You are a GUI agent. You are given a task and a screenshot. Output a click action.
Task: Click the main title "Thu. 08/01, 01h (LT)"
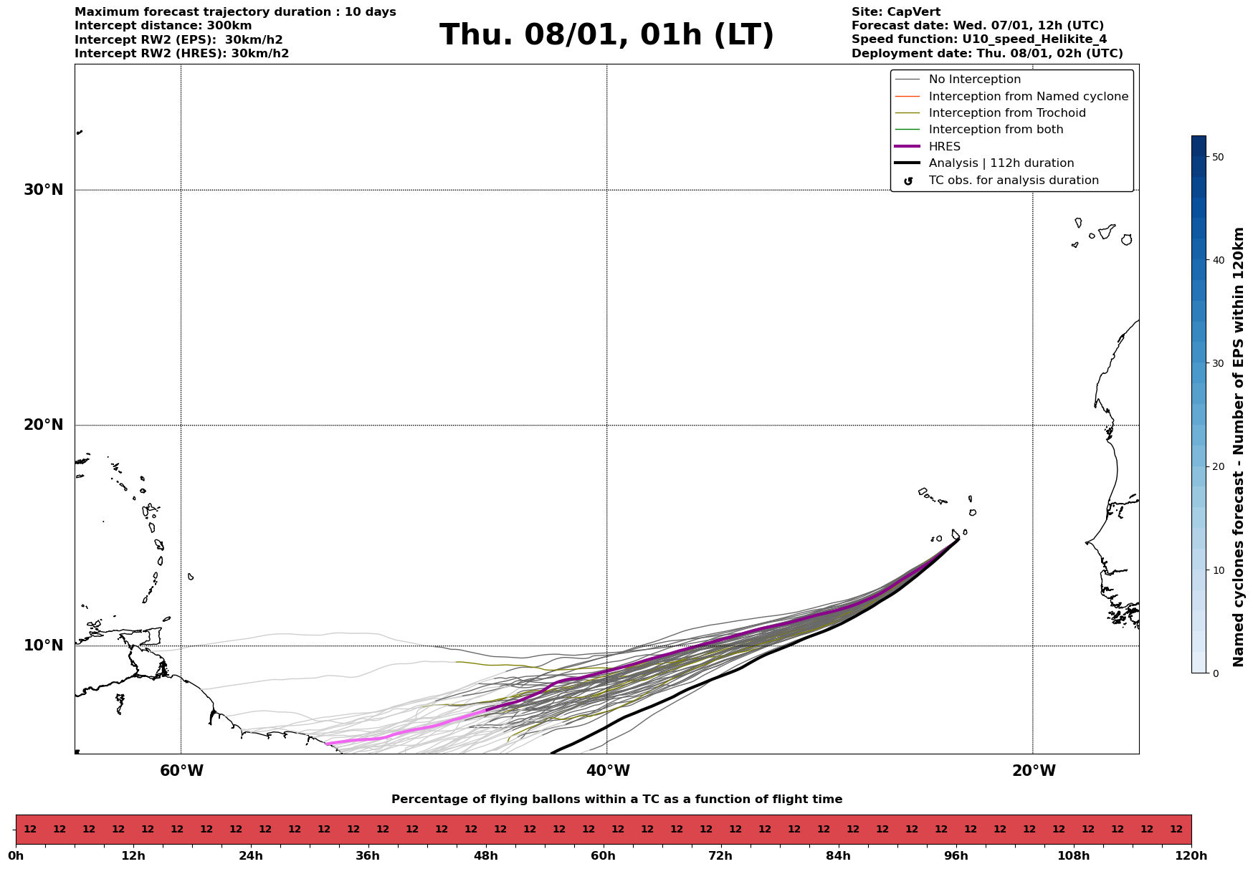pyautogui.click(x=606, y=35)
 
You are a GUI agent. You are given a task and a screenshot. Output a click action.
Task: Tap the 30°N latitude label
pyautogui.click(x=44, y=190)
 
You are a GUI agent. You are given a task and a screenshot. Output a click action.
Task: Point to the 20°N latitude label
pyautogui.click(x=44, y=425)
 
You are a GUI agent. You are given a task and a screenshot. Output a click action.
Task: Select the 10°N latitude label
pyautogui.click(x=44, y=645)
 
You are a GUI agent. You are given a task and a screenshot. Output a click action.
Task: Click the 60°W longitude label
pyautogui.click(x=181, y=771)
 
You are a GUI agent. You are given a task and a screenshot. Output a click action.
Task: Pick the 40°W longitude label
pyautogui.click(x=608, y=771)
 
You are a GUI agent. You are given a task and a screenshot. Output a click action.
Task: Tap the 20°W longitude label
pyautogui.click(x=1034, y=771)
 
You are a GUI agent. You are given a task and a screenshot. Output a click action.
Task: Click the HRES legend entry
pyautogui.click(x=944, y=147)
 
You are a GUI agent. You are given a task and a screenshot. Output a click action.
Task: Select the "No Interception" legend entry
pyautogui.click(x=974, y=80)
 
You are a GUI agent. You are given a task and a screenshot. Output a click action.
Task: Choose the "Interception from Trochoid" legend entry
pyautogui.click(x=1006, y=113)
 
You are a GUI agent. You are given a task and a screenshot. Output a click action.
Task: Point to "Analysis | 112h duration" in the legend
pyautogui.click(x=1001, y=163)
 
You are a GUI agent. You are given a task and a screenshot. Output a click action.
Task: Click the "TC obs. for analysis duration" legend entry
pyautogui.click(x=1013, y=181)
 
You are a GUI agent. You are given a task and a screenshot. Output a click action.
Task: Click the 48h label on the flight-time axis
pyautogui.click(x=485, y=855)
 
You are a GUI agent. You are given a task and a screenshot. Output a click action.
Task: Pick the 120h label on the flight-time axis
pyautogui.click(x=1191, y=855)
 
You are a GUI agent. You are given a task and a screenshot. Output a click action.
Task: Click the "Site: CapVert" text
pyautogui.click(x=895, y=12)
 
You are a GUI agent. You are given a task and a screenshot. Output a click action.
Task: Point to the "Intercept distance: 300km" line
pyautogui.click(x=163, y=26)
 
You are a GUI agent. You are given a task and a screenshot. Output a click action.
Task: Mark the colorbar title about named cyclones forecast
pyautogui.click(x=1238, y=447)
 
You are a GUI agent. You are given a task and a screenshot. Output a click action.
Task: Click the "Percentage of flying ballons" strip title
pyautogui.click(x=616, y=800)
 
